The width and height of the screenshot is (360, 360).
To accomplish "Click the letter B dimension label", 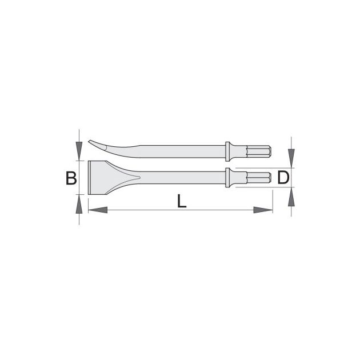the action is pyautogui.click(x=71, y=178).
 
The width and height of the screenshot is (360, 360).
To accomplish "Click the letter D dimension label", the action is pyautogui.click(x=283, y=178).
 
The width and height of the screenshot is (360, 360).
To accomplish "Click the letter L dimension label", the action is pyautogui.click(x=182, y=201).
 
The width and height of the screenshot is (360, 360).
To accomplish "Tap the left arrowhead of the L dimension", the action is pyautogui.click(x=98, y=210).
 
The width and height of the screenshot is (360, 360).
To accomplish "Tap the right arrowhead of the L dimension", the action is pyautogui.click(x=263, y=210).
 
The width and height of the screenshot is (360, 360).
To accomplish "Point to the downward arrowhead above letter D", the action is pyautogui.click(x=291, y=158).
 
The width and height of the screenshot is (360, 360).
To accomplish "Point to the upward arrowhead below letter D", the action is pyautogui.click(x=291, y=197).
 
